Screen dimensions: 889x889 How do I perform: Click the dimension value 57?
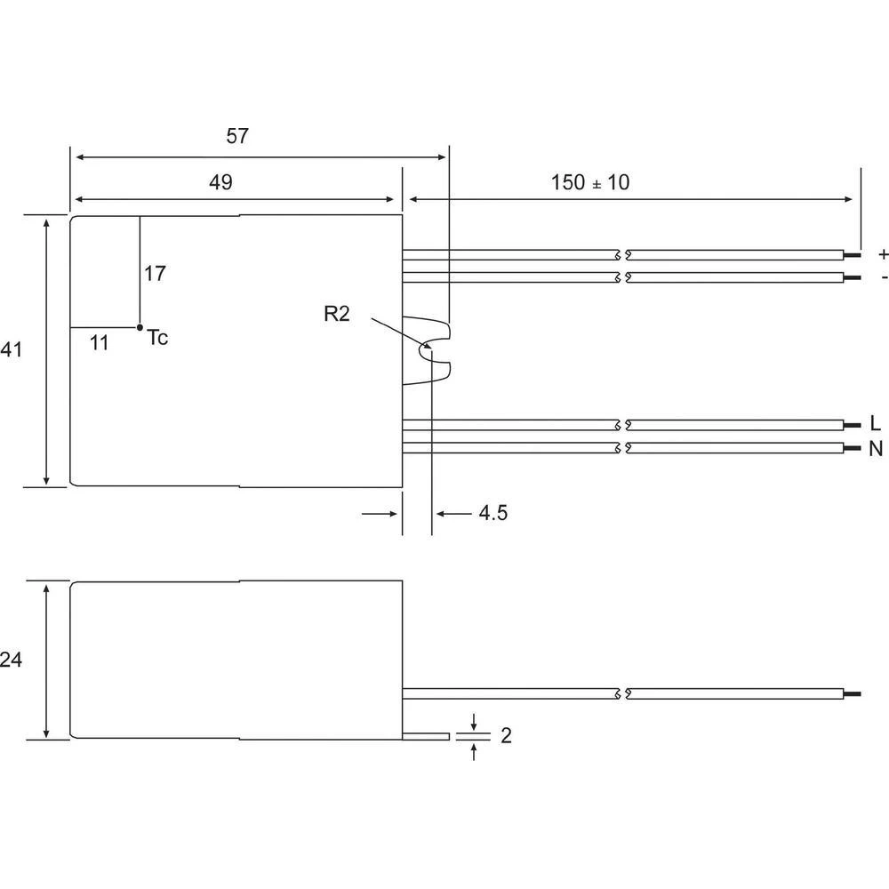click(x=237, y=137)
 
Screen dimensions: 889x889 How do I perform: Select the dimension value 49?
click(x=220, y=182)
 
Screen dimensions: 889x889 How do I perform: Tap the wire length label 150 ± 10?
click(x=589, y=182)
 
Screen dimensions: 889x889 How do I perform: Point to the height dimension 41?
click(x=12, y=350)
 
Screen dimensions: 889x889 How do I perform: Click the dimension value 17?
click(x=155, y=274)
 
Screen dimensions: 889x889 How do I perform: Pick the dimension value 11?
click(x=100, y=343)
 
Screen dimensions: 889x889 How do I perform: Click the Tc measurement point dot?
click(x=140, y=327)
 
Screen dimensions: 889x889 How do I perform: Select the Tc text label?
click(x=157, y=338)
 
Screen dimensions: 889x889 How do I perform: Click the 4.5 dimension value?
click(x=493, y=513)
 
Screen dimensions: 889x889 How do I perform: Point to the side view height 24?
click(x=12, y=660)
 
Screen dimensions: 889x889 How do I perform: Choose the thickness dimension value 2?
click(x=506, y=736)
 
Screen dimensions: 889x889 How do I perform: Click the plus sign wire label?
click(x=882, y=254)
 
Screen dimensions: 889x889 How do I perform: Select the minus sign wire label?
click(x=882, y=277)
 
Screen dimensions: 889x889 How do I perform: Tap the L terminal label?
click(x=877, y=424)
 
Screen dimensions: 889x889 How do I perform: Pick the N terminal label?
click(x=877, y=448)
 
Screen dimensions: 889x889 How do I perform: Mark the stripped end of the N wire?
click(x=853, y=448)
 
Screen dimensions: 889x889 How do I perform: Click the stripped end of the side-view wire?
click(x=853, y=693)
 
